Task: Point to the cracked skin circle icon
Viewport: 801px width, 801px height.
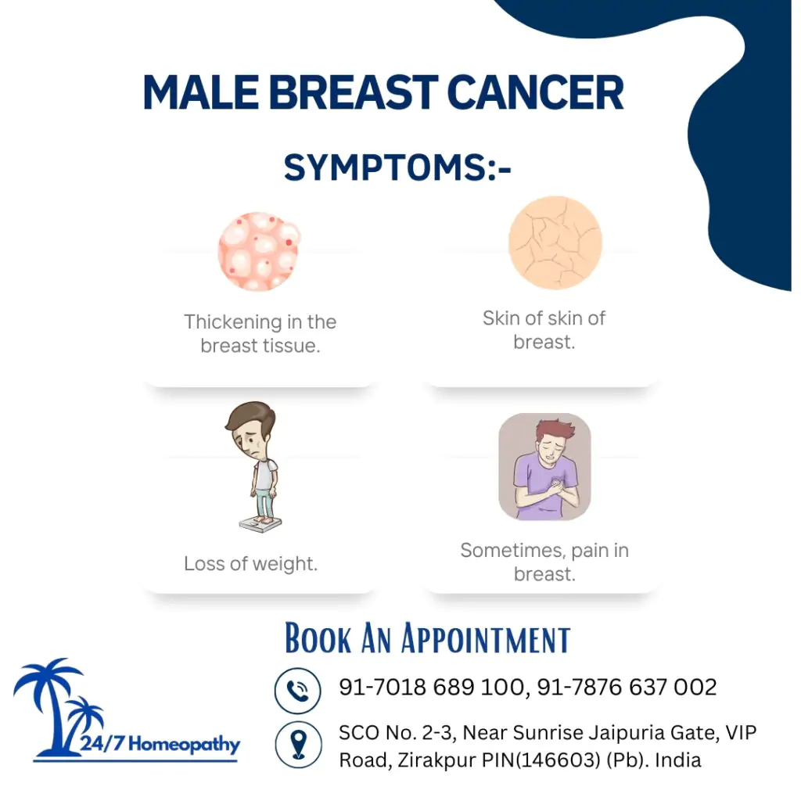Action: coord(555,242)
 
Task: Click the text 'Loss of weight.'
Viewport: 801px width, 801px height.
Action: coord(250,564)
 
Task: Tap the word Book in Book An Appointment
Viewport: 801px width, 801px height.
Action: coord(318,638)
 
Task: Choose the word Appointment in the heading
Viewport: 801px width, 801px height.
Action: coord(486,638)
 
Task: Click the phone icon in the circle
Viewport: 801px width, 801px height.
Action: coord(298,690)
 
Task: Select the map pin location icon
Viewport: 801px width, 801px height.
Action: coord(298,744)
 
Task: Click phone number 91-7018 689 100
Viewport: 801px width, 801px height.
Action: coord(430,688)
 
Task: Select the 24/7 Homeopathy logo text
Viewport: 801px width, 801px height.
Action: coord(160,744)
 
